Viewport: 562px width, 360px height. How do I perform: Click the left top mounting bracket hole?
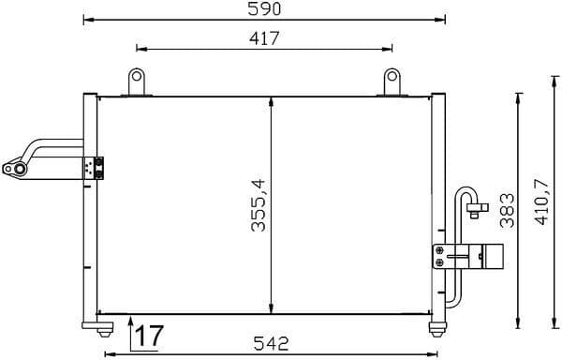tap(136, 77)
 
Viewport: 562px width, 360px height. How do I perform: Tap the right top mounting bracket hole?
tap(391, 77)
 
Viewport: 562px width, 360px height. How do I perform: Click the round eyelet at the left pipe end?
tap(11, 170)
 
